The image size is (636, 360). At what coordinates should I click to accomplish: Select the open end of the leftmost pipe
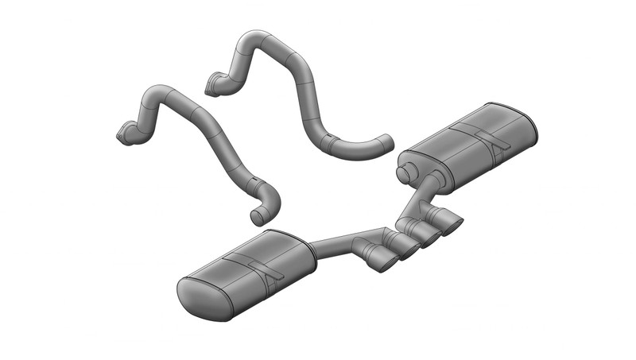pos(256,216)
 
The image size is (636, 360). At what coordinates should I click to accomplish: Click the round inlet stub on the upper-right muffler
pos(405,171)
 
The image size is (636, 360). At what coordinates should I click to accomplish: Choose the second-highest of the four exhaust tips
pos(429,235)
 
